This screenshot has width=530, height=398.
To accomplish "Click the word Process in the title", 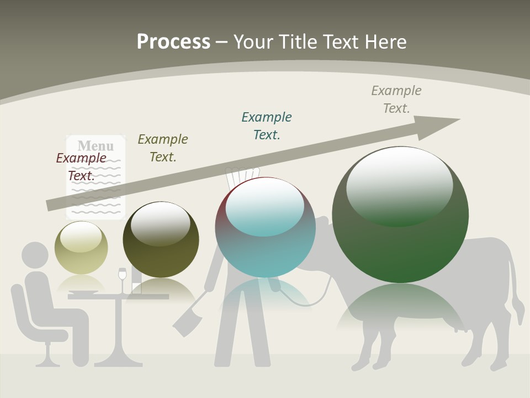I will pos(173,42).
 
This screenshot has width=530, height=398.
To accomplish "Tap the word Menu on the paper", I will pos(96,146).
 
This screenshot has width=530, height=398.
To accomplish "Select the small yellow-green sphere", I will pos(81,247).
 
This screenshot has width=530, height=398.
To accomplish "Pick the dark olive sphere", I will pos(161,239).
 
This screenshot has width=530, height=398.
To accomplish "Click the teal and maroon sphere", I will pos(265,227).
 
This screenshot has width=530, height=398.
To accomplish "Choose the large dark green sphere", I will pos(400,214).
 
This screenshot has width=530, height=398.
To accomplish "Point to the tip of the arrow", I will pos(458,119).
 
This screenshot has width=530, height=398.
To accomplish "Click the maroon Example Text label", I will pos(81,166).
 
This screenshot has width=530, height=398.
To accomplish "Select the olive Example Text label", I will pos(163,148).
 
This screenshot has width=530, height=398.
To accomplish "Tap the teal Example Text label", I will pos(267,125).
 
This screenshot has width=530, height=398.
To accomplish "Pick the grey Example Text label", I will pos(396,99).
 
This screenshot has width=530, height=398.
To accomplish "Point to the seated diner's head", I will pos(35,255).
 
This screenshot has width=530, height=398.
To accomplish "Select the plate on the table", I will pos(83,293).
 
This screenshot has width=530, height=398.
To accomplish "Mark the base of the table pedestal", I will pos(118,362).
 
